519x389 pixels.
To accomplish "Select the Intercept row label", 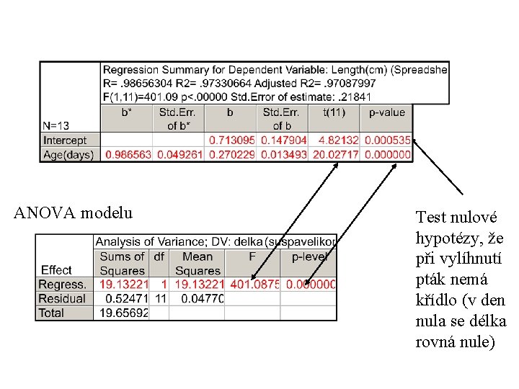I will (65, 140).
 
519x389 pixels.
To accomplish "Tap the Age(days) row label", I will (69, 154).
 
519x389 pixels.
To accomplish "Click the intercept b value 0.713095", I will (231, 140).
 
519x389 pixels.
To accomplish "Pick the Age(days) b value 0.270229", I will (231, 154).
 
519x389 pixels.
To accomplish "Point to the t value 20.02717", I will (334, 154).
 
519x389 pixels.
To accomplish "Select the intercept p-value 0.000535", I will (387, 140).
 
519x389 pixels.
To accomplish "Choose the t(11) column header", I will (334, 112).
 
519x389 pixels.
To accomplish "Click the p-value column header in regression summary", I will (387, 112).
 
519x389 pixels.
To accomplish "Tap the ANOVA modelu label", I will (74, 213).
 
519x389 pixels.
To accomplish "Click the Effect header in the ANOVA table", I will (57, 270).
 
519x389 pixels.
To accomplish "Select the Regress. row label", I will (63, 285).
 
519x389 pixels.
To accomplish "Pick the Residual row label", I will (62, 298).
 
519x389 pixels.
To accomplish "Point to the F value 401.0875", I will (253, 285).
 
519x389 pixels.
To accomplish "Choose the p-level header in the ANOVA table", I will (309, 256).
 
